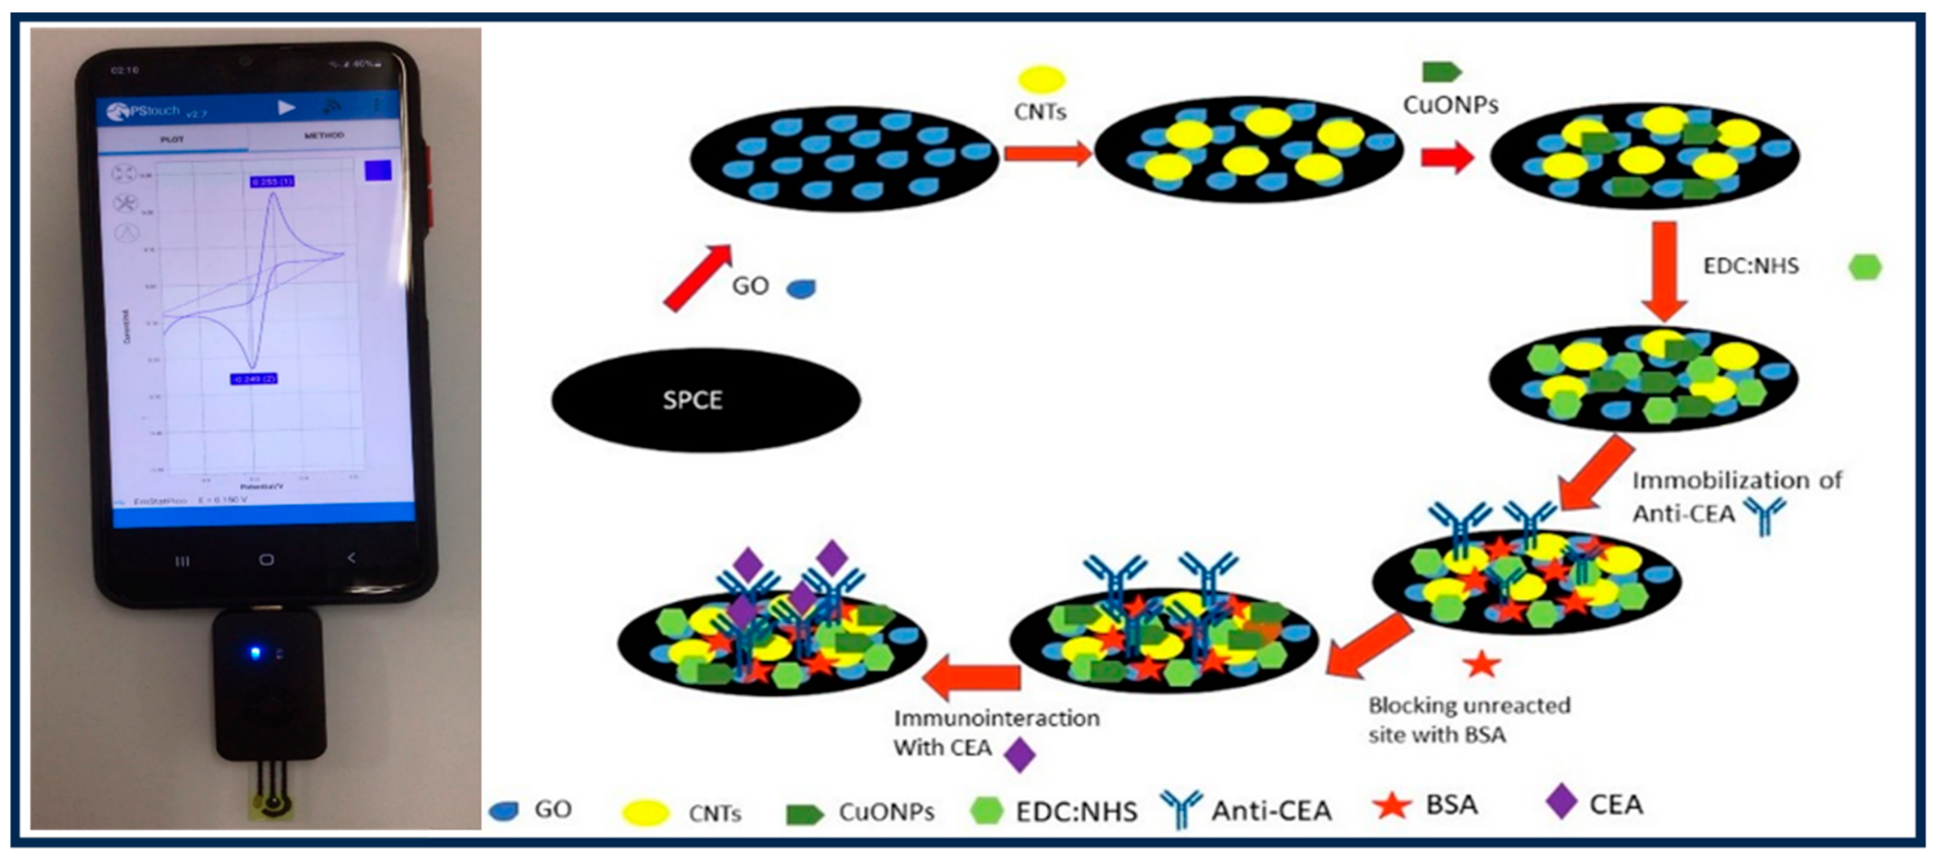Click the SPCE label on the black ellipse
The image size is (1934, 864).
click(x=692, y=400)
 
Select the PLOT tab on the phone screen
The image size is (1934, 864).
click(x=172, y=139)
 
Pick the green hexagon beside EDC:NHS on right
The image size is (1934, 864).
click(x=1864, y=267)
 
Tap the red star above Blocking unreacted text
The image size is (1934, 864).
click(x=1481, y=664)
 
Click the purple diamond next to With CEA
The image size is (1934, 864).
click(x=1020, y=755)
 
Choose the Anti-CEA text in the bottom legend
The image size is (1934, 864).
click(x=1271, y=810)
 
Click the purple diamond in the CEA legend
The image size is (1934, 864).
click(x=1561, y=801)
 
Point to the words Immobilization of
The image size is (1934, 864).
click(x=1737, y=481)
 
